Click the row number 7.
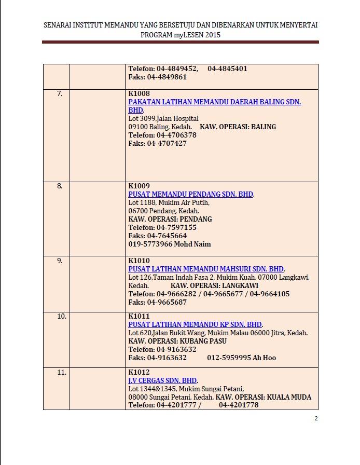[60, 94]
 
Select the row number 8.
[60, 186]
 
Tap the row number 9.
[60, 261]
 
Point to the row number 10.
[62, 316]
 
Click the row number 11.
[62, 372]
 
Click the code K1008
[139, 94]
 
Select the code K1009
[139, 186]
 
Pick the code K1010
[139, 261]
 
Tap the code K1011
[139, 316]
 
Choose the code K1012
[139, 372]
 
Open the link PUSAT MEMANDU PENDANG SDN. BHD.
[191, 194]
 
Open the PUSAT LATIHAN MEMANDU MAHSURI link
[206, 269]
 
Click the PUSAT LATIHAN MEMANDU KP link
[195, 324]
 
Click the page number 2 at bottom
[316, 419]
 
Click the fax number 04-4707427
[167, 143]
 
